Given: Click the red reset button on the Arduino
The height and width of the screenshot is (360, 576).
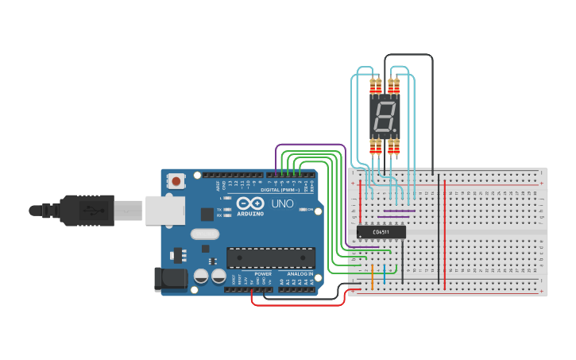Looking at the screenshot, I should click(176, 182).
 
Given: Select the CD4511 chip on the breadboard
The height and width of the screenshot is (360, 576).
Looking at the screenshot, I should click(381, 232).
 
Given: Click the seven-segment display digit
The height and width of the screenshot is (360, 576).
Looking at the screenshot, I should click(384, 118).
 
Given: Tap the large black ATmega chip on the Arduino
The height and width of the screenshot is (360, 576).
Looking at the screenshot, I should click(270, 257).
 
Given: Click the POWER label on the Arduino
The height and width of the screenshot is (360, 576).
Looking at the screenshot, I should click(263, 273).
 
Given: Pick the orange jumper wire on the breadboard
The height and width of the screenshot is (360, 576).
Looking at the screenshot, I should click(372, 275).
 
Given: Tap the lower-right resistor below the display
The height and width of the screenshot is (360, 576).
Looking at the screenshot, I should click(393, 147).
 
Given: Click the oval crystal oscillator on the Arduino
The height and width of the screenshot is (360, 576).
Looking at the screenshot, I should click(204, 234).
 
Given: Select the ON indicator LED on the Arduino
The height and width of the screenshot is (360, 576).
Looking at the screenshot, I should click(318, 211).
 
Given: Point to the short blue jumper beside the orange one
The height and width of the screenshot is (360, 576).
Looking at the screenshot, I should click(385, 275).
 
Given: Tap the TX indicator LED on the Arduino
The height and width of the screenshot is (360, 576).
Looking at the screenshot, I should click(228, 209).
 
